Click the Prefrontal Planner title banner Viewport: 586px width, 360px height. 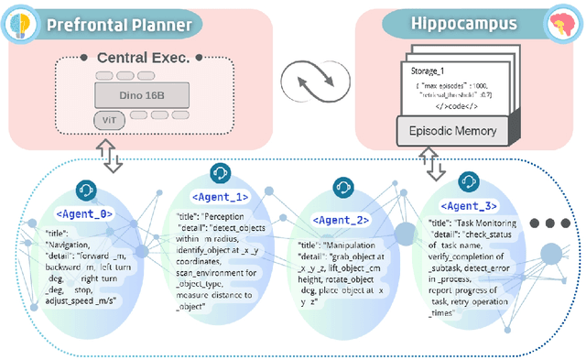119,24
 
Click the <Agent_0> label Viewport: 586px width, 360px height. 84,213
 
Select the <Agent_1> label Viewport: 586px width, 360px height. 219,195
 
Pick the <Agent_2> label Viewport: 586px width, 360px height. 341,220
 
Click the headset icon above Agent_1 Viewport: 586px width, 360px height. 220,173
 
